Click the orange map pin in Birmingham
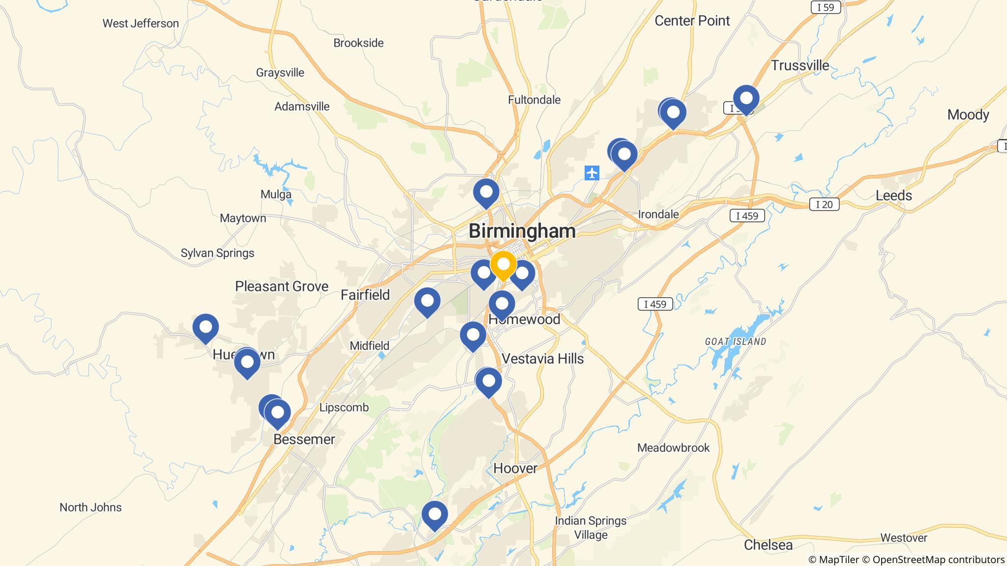click(503, 265)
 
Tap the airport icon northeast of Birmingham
click(592, 173)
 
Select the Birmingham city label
click(522, 231)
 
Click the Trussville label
click(800, 65)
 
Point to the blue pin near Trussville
click(746, 99)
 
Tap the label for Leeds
click(893, 196)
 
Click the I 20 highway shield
click(824, 204)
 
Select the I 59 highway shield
click(826, 7)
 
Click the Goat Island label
click(735, 341)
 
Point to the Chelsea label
click(768, 545)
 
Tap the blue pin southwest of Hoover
click(435, 515)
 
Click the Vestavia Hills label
click(543, 359)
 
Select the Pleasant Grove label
click(281, 286)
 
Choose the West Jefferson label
click(141, 23)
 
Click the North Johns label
click(90, 507)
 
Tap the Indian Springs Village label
click(591, 528)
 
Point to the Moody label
click(968, 115)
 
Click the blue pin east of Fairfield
click(427, 301)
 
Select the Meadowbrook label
click(673, 448)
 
